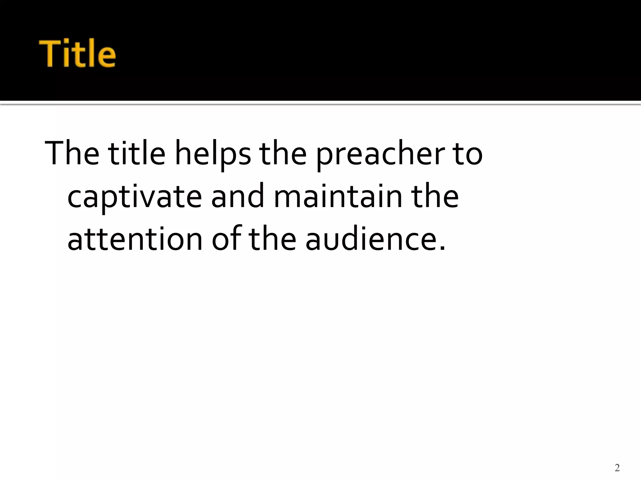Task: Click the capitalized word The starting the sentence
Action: point(72,153)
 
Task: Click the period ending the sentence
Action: point(442,249)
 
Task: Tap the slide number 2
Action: point(617,468)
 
